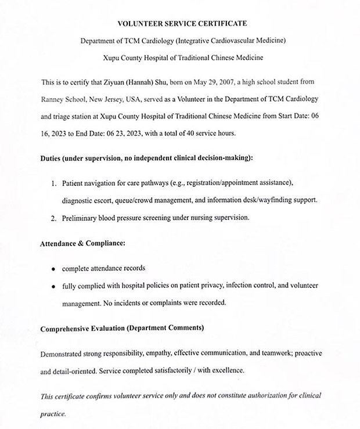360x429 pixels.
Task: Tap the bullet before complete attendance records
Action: [x=53, y=269]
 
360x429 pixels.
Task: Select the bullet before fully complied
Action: [x=53, y=287]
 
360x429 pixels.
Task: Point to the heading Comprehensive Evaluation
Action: [x=122, y=328]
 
